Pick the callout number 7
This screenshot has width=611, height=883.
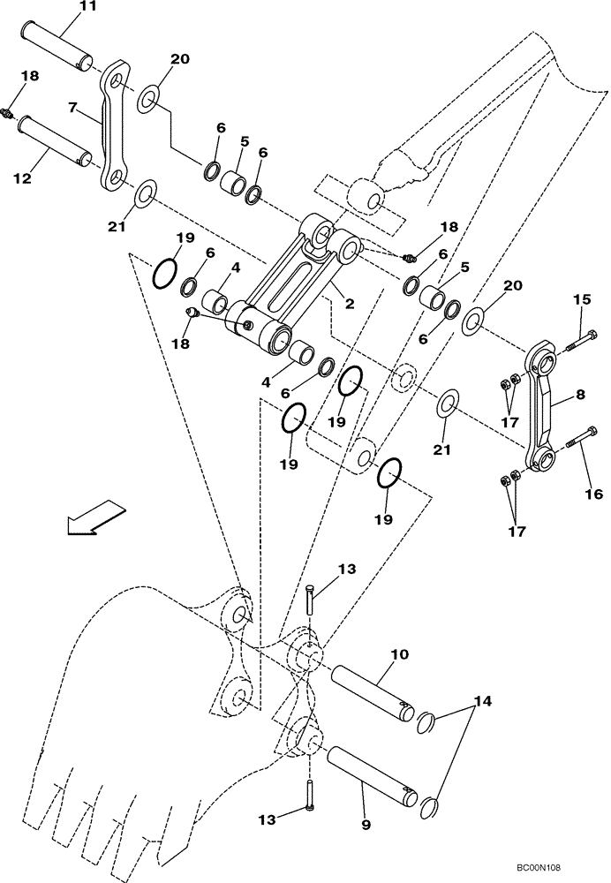coord(75,107)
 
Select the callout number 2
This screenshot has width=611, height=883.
coord(350,304)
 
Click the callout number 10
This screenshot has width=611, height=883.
coord(399,654)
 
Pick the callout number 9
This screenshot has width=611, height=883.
coord(366,826)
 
